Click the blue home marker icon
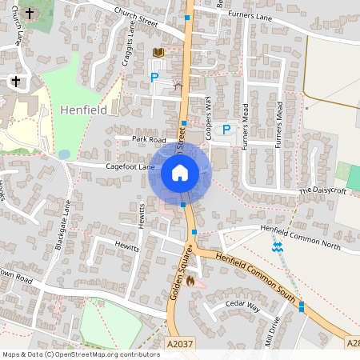(x=179, y=172)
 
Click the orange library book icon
(x=158, y=53)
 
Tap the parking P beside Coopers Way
(x=226, y=129)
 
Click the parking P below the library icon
(x=154, y=78)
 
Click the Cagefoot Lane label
(x=130, y=167)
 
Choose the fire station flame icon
(x=190, y=281)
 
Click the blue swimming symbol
(x=278, y=247)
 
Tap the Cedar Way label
(x=243, y=306)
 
